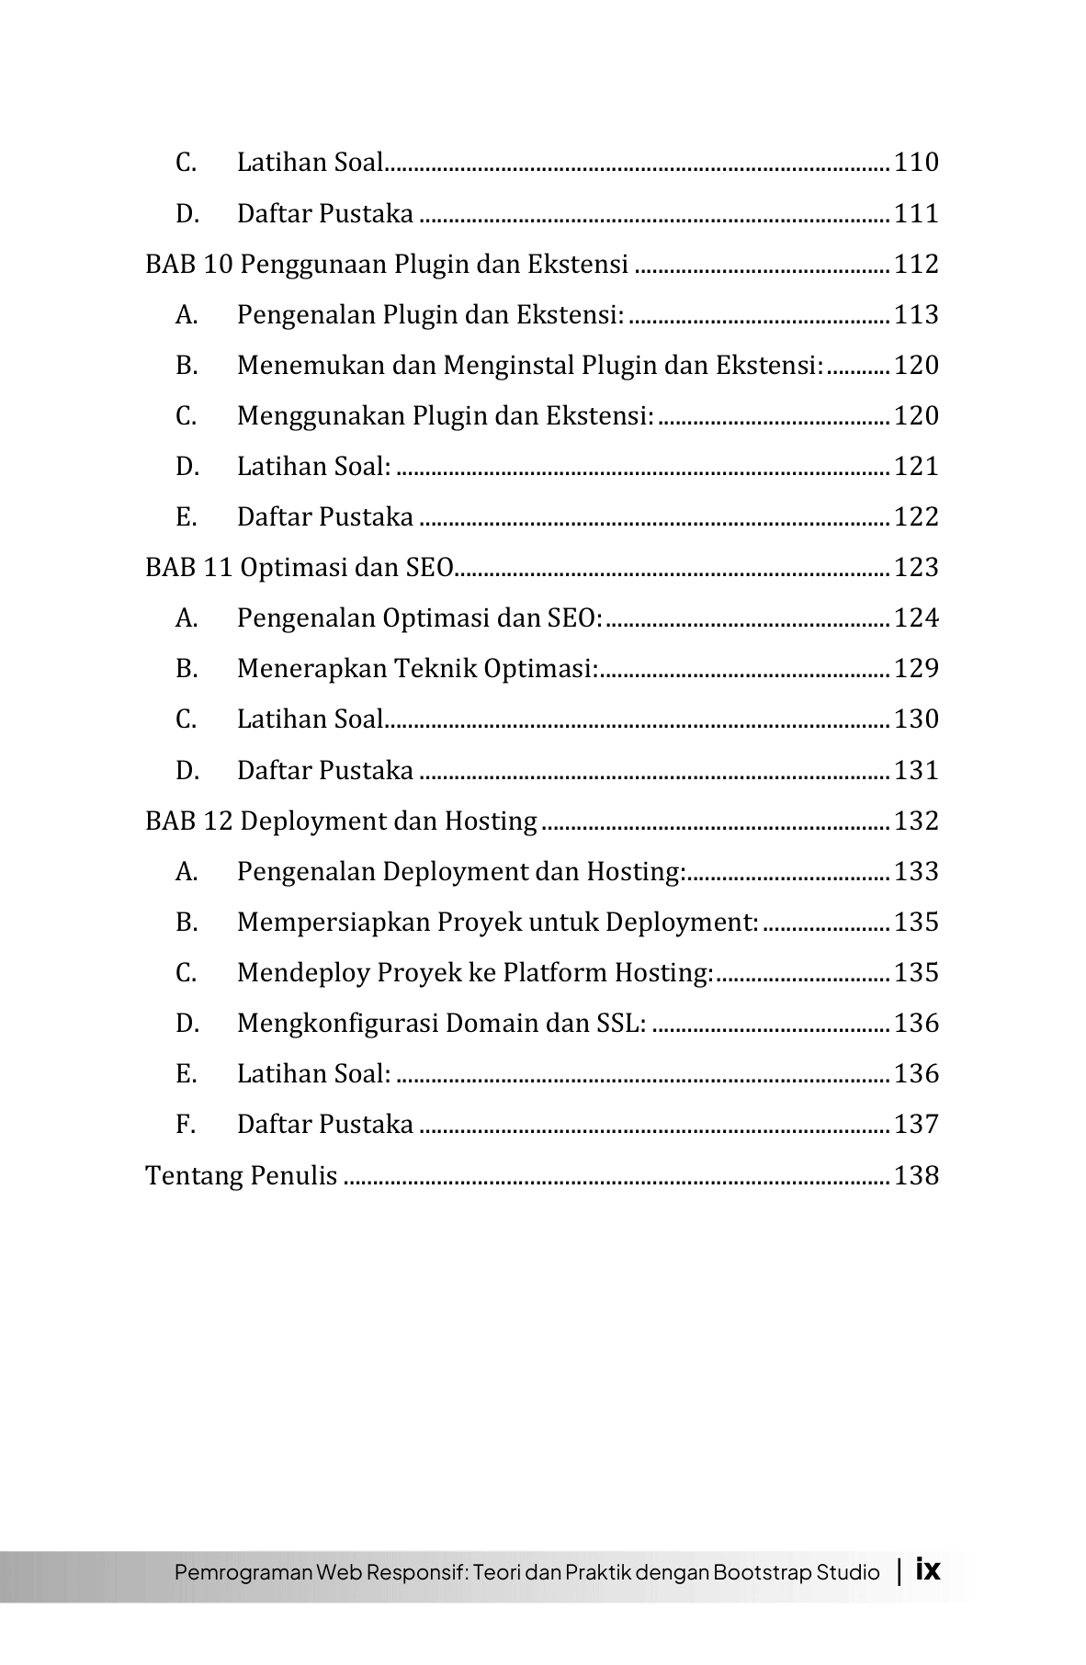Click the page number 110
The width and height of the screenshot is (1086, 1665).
(916, 163)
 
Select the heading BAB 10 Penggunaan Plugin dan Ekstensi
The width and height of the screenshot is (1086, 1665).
(387, 265)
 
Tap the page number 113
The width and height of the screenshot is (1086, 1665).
(916, 315)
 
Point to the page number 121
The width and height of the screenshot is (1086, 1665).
(916, 467)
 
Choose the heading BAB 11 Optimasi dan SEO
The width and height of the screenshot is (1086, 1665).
(300, 568)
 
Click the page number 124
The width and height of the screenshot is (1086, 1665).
(916, 618)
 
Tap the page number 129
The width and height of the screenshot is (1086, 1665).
(916, 669)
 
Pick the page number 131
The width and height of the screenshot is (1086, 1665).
(916, 770)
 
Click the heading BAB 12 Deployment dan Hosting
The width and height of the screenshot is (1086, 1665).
(341, 821)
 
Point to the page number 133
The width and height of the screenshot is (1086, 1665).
(916, 872)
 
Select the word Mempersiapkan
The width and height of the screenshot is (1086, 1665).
(333, 923)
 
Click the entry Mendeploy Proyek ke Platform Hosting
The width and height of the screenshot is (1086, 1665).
(475, 973)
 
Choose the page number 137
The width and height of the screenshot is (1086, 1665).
(916, 1125)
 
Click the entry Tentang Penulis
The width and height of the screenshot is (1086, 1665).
(242, 1176)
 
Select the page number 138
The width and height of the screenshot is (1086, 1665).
(916, 1176)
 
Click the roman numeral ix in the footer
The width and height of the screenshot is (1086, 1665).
(928, 1569)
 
